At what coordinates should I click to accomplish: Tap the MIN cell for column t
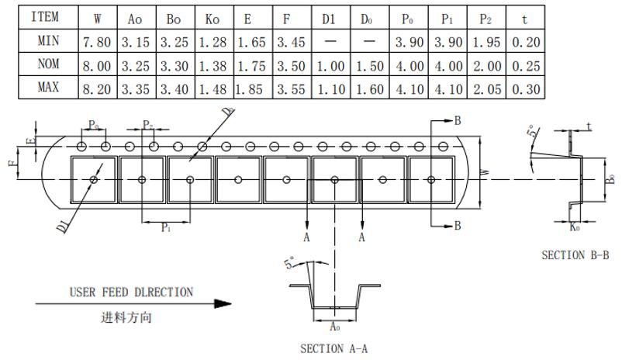click(x=526, y=42)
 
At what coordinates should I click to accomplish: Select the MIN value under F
click(x=291, y=42)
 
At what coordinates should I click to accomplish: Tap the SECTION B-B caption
click(x=575, y=254)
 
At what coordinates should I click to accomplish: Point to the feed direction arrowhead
click(x=223, y=305)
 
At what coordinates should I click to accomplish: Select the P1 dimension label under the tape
click(x=166, y=228)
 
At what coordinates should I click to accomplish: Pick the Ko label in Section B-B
click(x=575, y=227)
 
